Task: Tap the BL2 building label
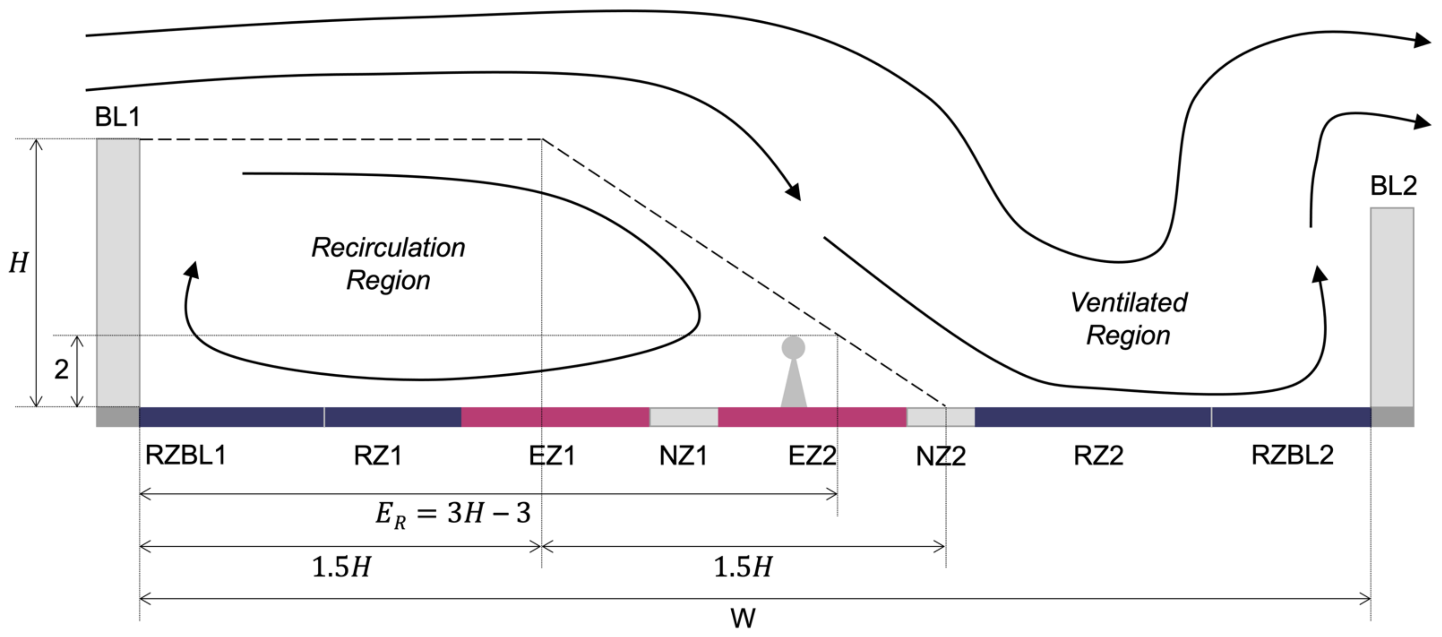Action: pos(1393,185)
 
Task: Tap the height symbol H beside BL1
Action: pos(18,263)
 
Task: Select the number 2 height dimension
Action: pos(61,369)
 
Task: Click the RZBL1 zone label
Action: pos(186,455)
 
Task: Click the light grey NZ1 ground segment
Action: pos(683,417)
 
